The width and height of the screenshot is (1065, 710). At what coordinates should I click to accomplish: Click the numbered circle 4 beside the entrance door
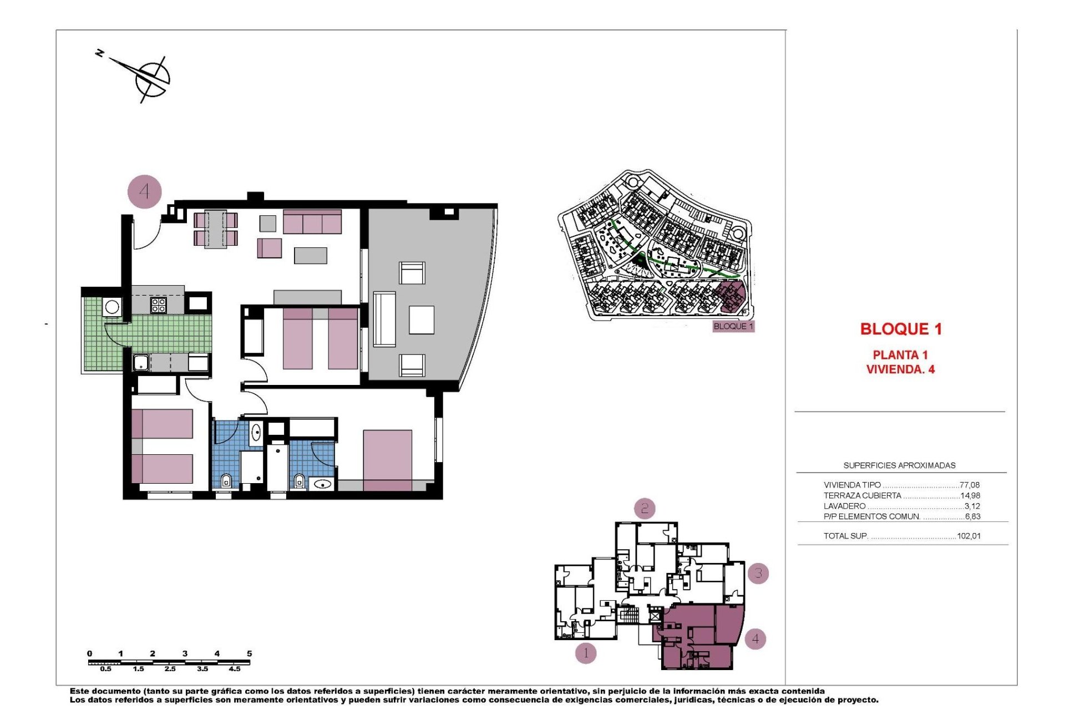pyautogui.click(x=144, y=192)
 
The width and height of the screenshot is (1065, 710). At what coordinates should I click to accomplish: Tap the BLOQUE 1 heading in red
pyautogui.click(x=900, y=329)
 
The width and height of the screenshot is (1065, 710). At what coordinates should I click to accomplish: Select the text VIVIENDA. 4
pyautogui.click(x=900, y=369)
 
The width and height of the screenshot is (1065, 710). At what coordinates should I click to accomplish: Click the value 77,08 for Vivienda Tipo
pyautogui.click(x=969, y=485)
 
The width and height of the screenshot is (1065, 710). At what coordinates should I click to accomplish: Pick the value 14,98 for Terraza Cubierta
pyautogui.click(x=970, y=495)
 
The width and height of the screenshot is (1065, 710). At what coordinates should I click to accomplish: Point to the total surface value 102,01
pyautogui.click(x=968, y=536)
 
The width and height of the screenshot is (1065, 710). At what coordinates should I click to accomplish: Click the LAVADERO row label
pyautogui.click(x=844, y=506)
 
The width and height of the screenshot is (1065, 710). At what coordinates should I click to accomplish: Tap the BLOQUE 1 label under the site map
pyautogui.click(x=733, y=326)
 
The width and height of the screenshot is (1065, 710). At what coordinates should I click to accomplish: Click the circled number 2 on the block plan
pyautogui.click(x=644, y=508)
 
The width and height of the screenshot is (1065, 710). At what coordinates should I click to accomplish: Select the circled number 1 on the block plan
pyautogui.click(x=585, y=653)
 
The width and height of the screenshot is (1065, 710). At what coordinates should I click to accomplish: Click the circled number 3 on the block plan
pyautogui.click(x=758, y=573)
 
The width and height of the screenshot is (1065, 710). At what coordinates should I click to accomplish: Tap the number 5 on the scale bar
pyautogui.click(x=249, y=653)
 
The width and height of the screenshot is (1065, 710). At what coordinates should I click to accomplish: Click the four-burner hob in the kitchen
pyautogui.click(x=158, y=306)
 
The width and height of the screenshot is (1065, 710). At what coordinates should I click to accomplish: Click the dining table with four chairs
pyautogui.click(x=215, y=229)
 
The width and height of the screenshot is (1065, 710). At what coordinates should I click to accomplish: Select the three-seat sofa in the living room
pyautogui.click(x=312, y=222)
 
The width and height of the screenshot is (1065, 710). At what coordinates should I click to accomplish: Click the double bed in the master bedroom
pyautogui.click(x=387, y=460)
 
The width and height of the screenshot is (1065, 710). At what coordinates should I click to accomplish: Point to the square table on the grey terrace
pyautogui.click(x=421, y=320)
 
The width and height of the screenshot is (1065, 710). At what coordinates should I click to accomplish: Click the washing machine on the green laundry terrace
pyautogui.click(x=112, y=307)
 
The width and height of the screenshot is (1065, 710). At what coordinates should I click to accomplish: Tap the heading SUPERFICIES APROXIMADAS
pyautogui.click(x=899, y=465)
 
